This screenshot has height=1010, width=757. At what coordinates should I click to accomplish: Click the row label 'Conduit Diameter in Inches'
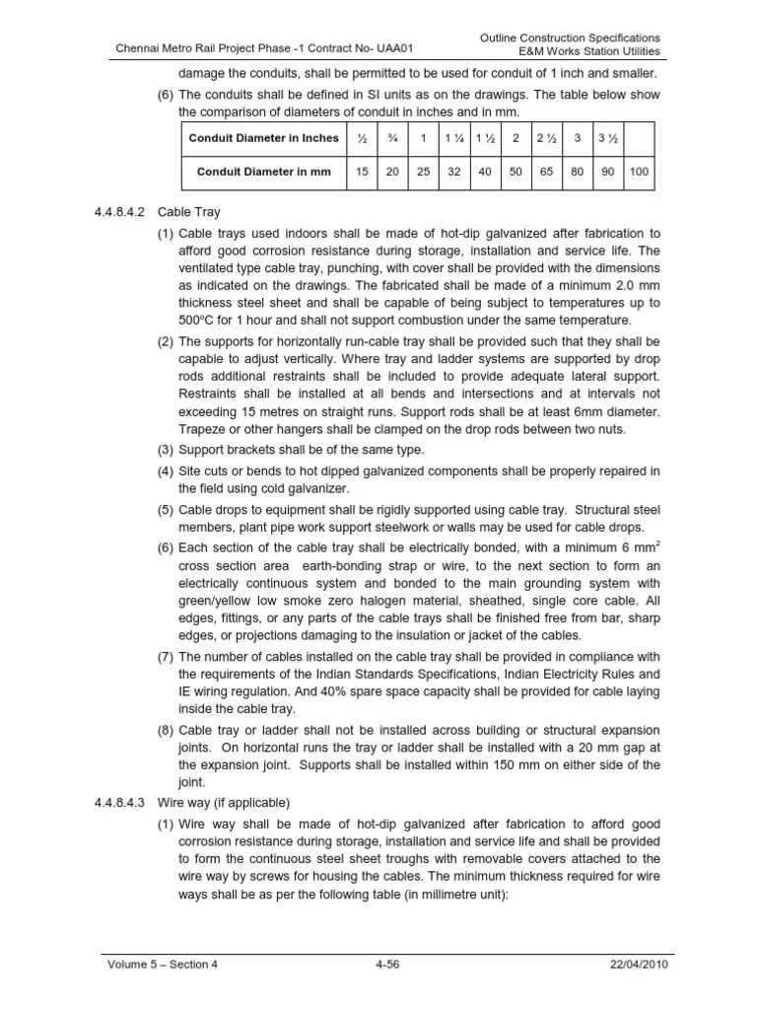(x=263, y=138)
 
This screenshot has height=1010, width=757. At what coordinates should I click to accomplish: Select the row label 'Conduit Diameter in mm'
(x=263, y=172)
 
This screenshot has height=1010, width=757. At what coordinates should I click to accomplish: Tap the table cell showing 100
(x=639, y=172)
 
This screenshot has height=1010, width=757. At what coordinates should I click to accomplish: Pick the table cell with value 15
(x=362, y=172)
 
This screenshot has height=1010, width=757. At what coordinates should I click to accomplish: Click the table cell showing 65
(x=546, y=172)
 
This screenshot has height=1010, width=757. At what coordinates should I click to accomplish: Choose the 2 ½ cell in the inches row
(x=546, y=138)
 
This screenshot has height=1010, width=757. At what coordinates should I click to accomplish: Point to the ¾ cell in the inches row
(x=392, y=138)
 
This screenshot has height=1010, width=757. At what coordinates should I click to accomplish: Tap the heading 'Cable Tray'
(x=186, y=212)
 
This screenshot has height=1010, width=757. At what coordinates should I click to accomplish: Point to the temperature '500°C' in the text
(x=200, y=321)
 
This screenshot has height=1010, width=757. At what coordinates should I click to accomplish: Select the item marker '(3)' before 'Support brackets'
(x=165, y=450)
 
